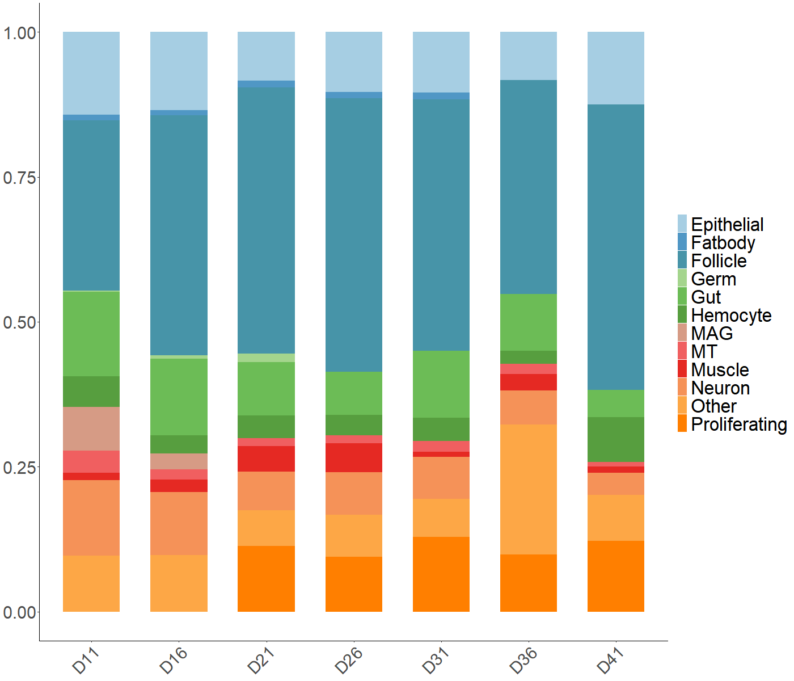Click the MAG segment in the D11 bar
pyautogui.click(x=91, y=428)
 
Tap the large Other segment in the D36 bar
pyautogui.click(x=529, y=489)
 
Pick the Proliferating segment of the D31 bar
pyautogui.click(x=441, y=574)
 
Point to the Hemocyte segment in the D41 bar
pyautogui.click(x=616, y=439)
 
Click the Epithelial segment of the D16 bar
pyautogui.click(x=179, y=71)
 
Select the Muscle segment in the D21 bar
pyautogui.click(x=266, y=459)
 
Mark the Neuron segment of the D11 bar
pyautogui.click(x=91, y=518)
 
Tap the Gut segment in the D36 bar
pyautogui.click(x=529, y=322)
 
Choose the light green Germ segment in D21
pyautogui.click(x=266, y=358)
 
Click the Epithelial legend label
pyautogui.click(x=727, y=224)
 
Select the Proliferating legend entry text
pyautogui.click(x=738, y=424)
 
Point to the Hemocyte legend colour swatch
pyautogui.click(x=682, y=314)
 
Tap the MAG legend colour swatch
pyautogui.click(x=682, y=333)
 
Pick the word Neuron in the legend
pyautogui.click(x=720, y=388)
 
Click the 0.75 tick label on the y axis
pyautogui.click(x=19, y=178)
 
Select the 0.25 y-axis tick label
pyautogui.click(x=19, y=468)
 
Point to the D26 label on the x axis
pyautogui.click(x=349, y=660)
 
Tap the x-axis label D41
pyautogui.click(x=611, y=660)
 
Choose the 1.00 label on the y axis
pyautogui.click(x=19, y=33)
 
